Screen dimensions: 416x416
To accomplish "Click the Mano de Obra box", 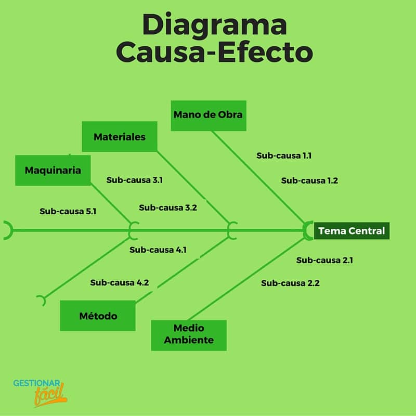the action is coord(209,115).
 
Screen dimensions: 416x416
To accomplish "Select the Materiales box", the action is coord(120,137).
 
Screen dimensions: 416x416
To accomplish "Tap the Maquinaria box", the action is coord(53,171).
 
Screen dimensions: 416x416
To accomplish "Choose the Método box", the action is coord(98,316).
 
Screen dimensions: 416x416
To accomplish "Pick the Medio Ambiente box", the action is coord(189,335).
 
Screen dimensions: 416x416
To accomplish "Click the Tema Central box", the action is coord(352,231).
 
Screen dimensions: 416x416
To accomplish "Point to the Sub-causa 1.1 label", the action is coord(284,155).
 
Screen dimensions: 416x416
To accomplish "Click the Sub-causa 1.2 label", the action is coord(309,180).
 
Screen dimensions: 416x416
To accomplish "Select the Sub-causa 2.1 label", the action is coord(324,261).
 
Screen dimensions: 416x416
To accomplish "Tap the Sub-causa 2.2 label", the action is coord(290,283).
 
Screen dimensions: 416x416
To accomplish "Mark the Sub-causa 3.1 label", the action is coord(135,180).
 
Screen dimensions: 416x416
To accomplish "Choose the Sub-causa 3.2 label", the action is coord(168,207).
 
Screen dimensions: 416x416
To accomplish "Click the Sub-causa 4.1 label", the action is coord(158,250).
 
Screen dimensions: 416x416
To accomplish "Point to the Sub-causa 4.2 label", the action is coord(120,282).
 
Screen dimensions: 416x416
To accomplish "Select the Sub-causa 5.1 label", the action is coord(68,212).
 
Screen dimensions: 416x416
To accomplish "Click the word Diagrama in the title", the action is coord(215,24).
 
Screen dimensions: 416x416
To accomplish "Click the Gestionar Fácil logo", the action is coord(40,393).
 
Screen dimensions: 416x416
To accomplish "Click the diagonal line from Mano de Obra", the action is coord(258,177).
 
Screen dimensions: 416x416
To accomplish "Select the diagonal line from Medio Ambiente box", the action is coord(247,279).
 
